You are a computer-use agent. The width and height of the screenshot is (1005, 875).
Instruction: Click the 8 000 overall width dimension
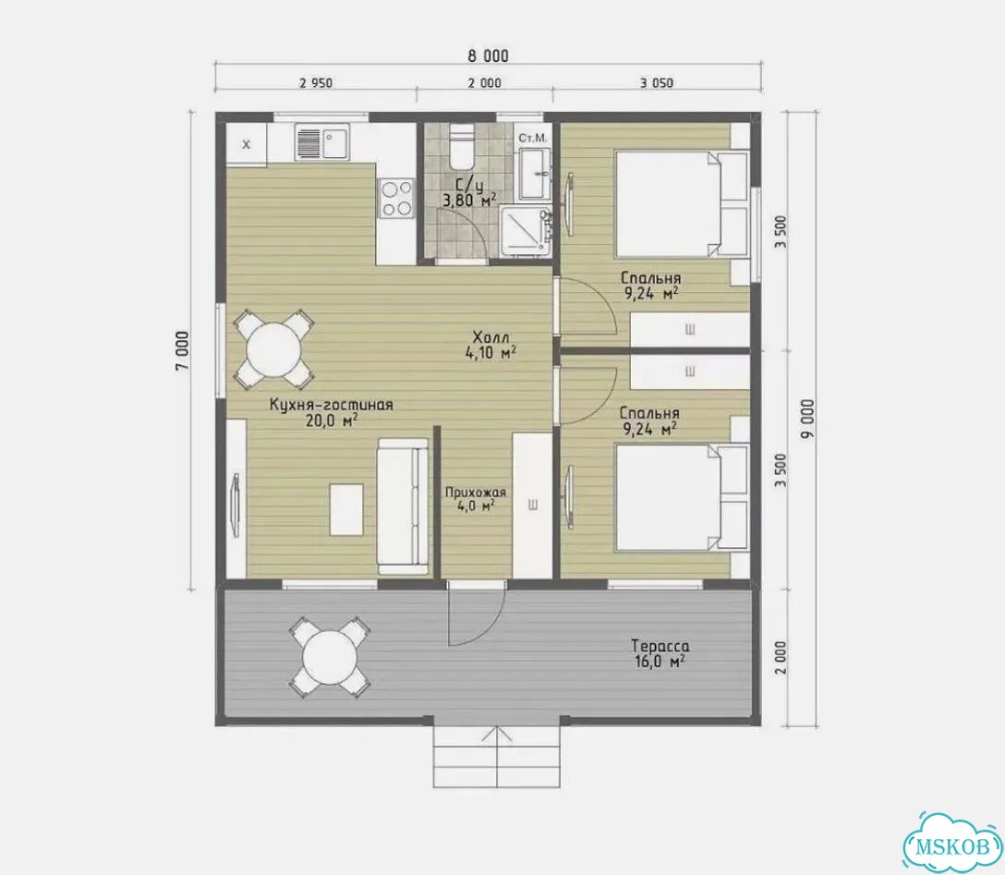tap(488, 55)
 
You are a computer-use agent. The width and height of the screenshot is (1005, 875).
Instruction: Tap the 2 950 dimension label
tap(316, 82)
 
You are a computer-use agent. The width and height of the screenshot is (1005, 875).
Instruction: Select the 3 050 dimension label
tap(657, 82)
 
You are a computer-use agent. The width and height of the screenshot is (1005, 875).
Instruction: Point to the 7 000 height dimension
tap(183, 350)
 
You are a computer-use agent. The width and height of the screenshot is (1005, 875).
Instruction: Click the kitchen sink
tap(321, 141)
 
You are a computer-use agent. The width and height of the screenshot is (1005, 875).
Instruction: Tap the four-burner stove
tap(397, 199)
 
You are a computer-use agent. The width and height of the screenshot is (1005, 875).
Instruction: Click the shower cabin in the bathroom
tap(525, 231)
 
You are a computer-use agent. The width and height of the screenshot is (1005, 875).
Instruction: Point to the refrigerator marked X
tap(246, 145)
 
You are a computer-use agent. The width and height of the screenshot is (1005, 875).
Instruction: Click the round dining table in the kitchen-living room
tap(273, 348)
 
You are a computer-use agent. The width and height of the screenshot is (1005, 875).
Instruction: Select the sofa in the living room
tap(403, 506)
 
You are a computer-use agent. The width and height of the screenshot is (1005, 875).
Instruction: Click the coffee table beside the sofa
tap(346, 510)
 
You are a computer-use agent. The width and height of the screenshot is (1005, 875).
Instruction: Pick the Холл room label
tap(490, 337)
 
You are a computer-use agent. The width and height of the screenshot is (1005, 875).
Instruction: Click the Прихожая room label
tap(476, 492)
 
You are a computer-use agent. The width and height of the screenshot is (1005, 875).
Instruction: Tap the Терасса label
tap(660, 646)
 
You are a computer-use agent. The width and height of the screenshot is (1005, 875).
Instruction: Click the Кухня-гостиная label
tap(331, 405)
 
